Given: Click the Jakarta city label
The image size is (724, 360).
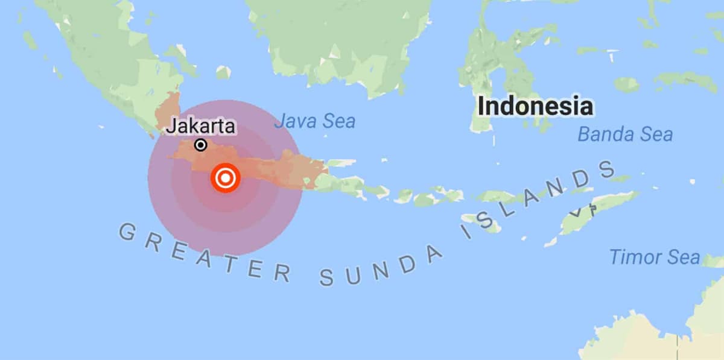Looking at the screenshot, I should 201,127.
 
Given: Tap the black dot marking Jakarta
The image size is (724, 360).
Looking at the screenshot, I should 201,145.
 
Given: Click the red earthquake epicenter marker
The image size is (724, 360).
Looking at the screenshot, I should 226,178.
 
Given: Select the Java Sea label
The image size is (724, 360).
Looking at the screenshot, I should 314,121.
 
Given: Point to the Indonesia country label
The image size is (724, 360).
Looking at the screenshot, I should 535,107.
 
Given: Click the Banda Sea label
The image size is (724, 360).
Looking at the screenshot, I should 625,134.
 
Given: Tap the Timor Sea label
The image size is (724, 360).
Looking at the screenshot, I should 655,257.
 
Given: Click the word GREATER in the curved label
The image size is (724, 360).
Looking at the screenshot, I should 199,253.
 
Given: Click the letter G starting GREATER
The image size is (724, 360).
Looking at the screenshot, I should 126,231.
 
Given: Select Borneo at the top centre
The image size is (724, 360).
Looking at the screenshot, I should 344,42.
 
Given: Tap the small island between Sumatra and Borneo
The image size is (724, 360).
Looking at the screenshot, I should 223,72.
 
